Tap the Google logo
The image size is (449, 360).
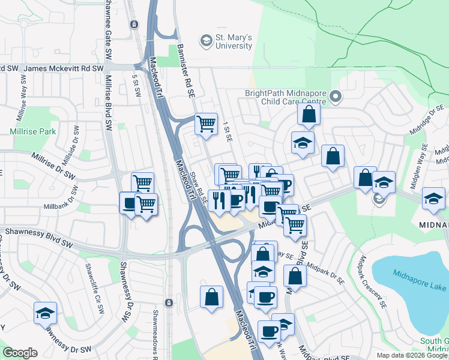[20, 353]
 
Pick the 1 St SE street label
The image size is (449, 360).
[227, 131]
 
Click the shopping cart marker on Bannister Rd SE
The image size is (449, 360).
[206, 124]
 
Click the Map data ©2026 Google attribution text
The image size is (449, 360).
[411, 355]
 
